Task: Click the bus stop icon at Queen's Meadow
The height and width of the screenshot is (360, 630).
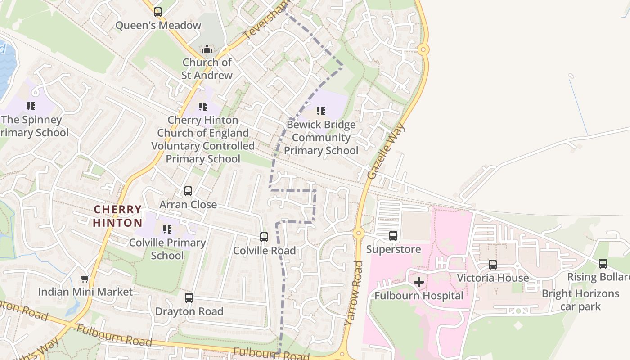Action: point(157,12)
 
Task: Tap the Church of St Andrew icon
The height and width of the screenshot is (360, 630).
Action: point(207,49)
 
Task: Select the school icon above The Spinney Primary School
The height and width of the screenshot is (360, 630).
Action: point(31,106)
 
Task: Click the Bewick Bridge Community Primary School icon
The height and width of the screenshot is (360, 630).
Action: point(320,111)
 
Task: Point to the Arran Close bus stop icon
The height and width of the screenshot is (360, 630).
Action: point(188,191)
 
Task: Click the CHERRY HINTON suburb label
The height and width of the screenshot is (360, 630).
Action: point(118,216)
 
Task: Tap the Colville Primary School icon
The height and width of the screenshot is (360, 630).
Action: point(167,229)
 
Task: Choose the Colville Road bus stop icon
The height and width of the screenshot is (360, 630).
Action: point(264,237)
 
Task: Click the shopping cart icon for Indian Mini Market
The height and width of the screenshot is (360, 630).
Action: point(85,279)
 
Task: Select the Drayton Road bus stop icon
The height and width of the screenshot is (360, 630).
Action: point(189,298)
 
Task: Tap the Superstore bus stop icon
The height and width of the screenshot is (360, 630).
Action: point(393,236)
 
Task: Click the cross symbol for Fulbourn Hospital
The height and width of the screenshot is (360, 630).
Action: point(418,282)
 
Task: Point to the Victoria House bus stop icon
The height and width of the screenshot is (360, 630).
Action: point(493,265)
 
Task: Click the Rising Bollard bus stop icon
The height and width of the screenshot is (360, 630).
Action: point(603,264)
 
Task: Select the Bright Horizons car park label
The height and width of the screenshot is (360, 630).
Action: point(580,300)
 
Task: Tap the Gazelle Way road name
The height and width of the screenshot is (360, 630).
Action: point(386,151)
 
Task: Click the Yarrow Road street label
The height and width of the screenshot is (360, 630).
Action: point(353,292)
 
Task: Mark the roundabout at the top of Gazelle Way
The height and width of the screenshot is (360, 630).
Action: point(423,49)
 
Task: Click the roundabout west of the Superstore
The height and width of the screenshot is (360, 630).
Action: point(358,233)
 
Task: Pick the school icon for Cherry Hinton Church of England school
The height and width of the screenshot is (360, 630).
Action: point(203,107)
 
